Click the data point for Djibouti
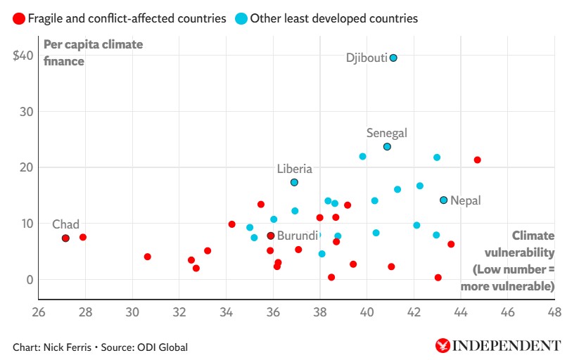coord(393,58)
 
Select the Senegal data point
coord(387,146)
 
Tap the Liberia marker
coord(294,182)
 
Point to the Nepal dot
coord(443,200)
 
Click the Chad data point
coord(65,238)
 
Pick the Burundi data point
coord(270,236)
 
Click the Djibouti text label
coord(367,58)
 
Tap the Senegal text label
coord(387,133)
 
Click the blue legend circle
coord(241,18)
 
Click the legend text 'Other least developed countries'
coord(333,18)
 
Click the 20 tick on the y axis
coord(26,167)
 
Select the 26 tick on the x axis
coord(39,313)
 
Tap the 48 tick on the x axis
coord(554,313)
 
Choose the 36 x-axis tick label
coord(273,313)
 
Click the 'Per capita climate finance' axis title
coord(93,53)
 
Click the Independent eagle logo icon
coord(443,345)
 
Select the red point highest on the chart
coord(477,160)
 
